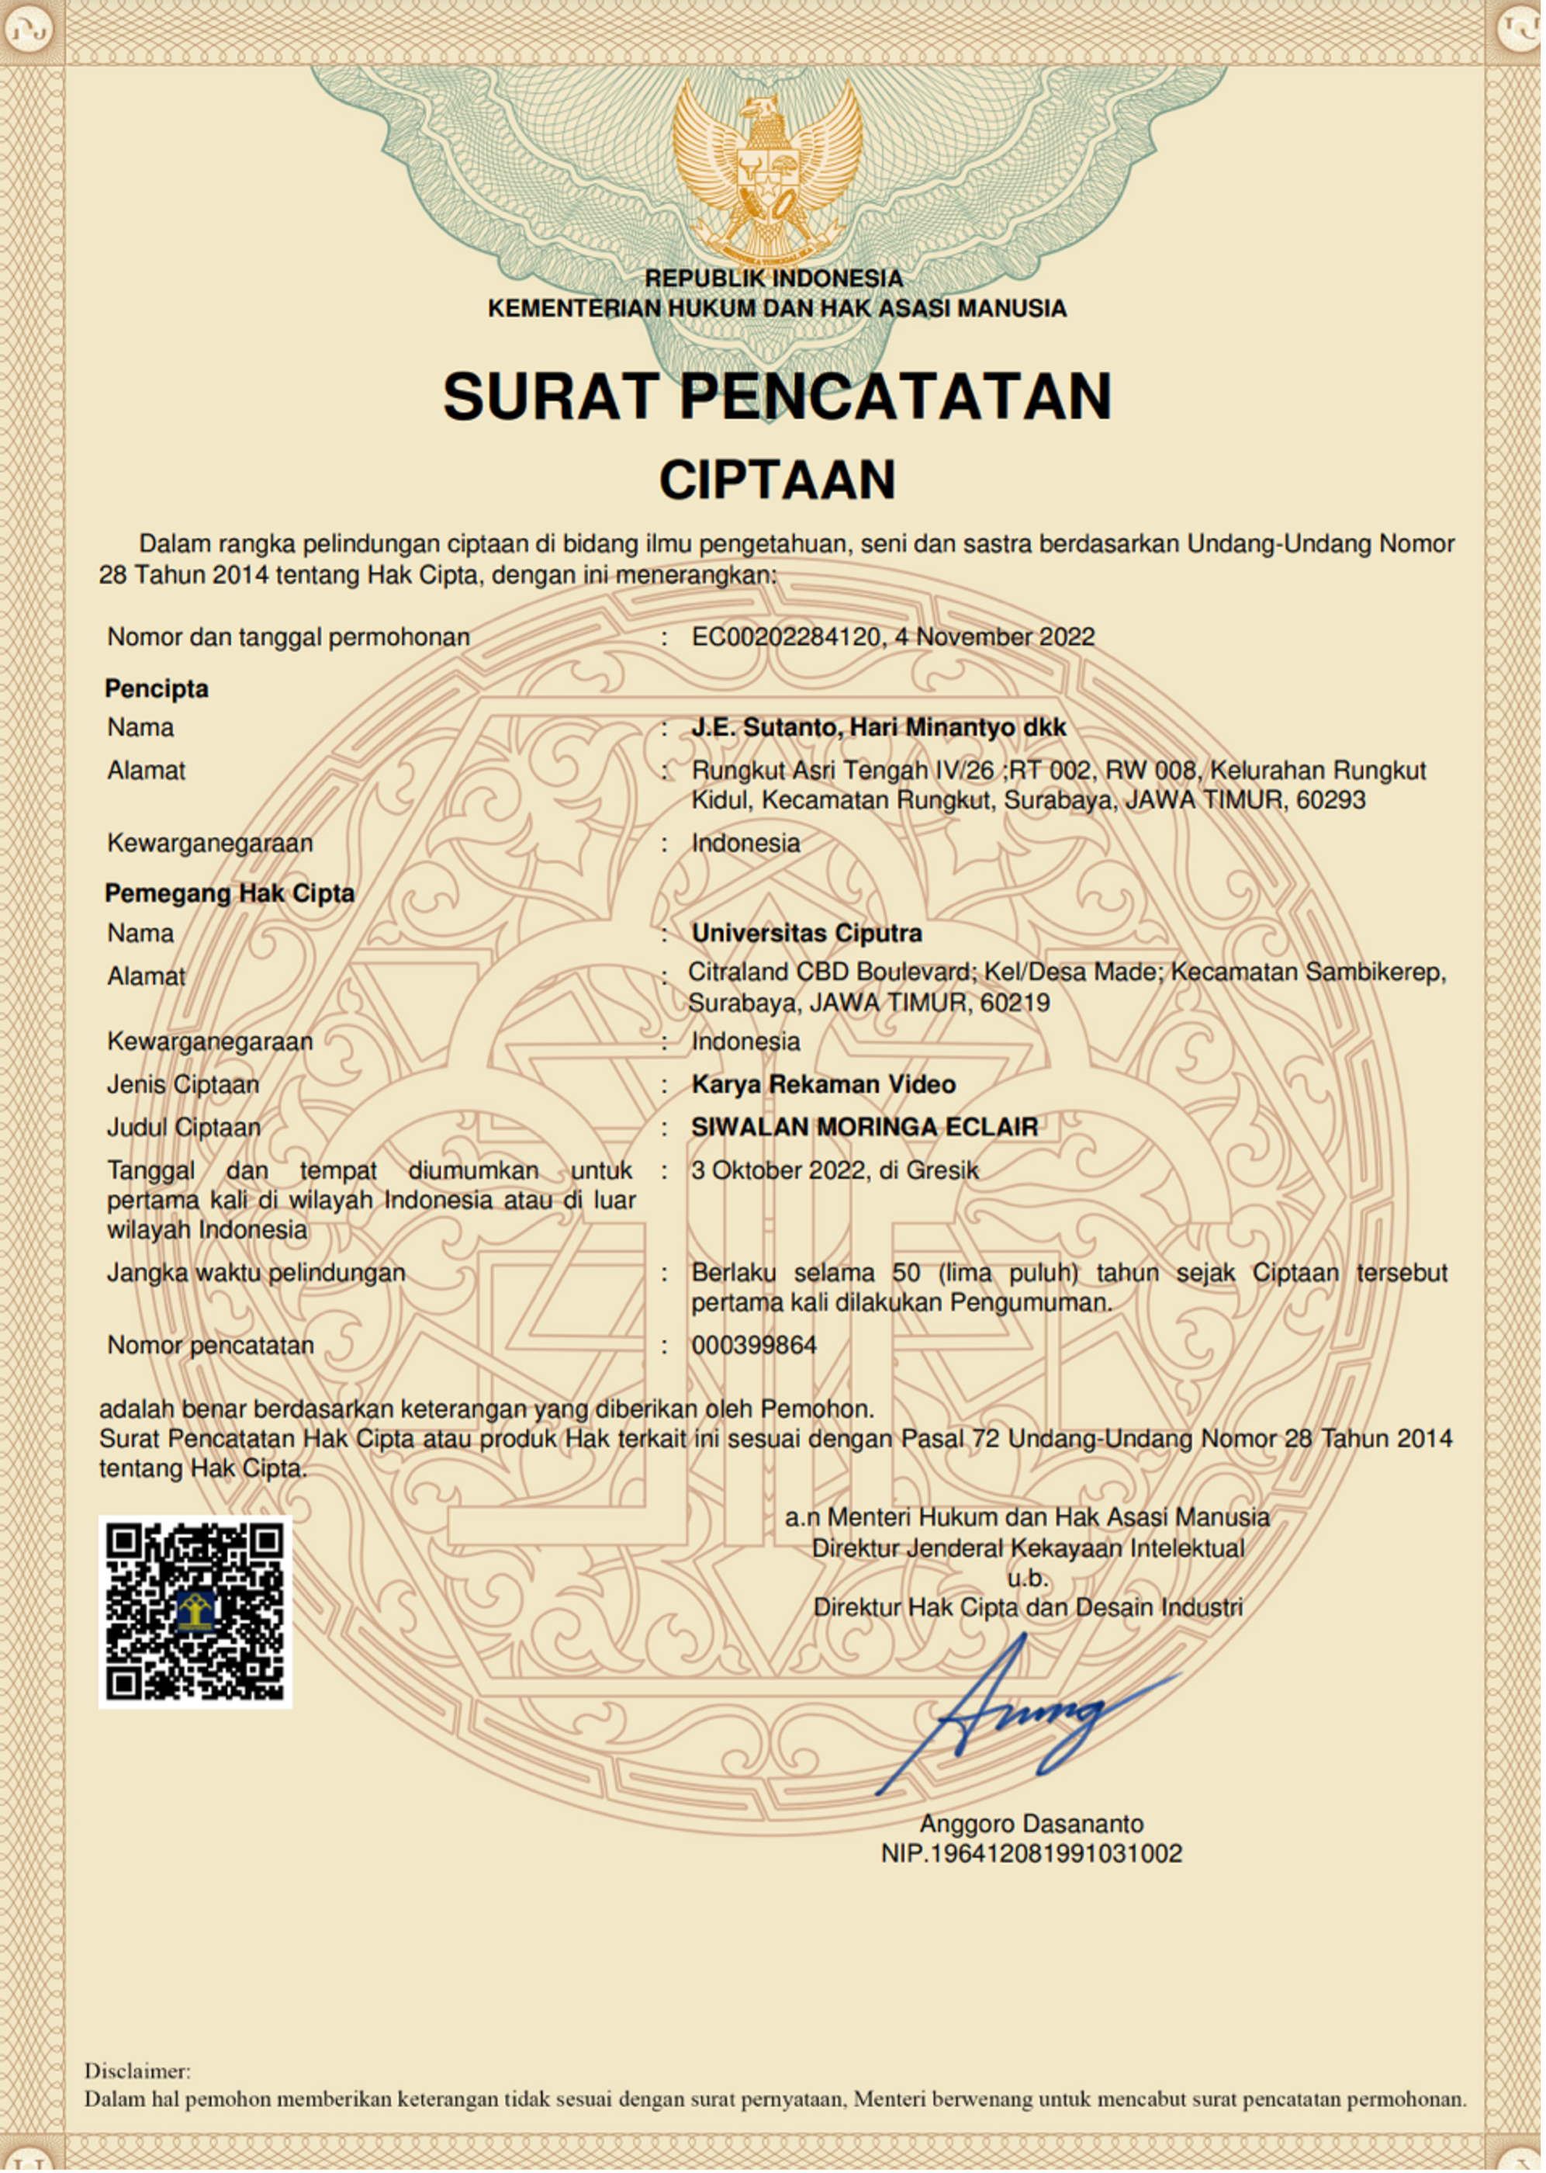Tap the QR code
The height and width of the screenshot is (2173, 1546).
tap(195, 1611)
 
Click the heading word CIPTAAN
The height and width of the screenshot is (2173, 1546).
tap(776, 480)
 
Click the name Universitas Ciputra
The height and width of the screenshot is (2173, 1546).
tap(806, 933)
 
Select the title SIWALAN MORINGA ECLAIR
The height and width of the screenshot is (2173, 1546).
tap(863, 1128)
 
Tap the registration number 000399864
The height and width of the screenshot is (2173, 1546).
tap(753, 1346)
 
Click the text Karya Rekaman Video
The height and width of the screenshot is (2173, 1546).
tap(824, 1085)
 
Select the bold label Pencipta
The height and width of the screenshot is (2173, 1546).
tap(156, 688)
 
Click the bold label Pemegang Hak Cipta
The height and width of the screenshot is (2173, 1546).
tap(230, 893)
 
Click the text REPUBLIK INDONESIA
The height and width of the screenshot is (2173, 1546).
tap(773, 278)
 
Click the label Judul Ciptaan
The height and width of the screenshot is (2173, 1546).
tap(184, 1128)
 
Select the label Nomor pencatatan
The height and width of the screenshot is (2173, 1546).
tap(210, 1346)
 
